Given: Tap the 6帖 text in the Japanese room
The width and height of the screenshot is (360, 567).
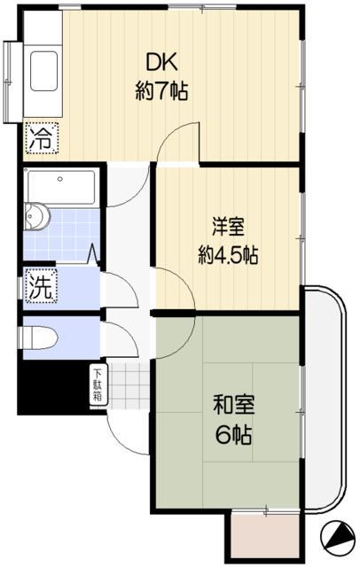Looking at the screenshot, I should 235,435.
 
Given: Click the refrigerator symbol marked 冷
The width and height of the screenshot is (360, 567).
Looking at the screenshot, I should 40,138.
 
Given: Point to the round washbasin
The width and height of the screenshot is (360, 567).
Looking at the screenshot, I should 37,215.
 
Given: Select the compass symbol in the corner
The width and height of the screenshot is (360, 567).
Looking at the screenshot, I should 337,537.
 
